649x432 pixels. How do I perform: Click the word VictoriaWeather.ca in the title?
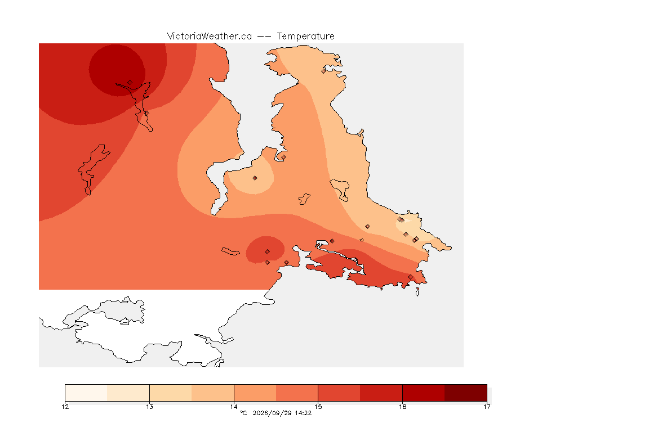click(210, 37)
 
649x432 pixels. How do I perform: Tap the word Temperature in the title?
click(305, 37)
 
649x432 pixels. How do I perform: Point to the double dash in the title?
click(264, 37)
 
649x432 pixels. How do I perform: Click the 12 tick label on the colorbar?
click(65, 407)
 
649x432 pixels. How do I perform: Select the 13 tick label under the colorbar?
click(149, 407)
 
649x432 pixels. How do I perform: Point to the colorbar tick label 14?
click(234, 407)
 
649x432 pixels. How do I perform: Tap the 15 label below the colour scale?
click(318, 407)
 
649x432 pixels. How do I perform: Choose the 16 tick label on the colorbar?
click(402, 407)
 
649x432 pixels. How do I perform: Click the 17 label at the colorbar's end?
click(487, 407)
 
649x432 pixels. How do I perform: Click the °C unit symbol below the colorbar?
click(243, 413)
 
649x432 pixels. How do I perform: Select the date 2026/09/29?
click(272, 413)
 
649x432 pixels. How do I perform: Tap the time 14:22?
click(303, 413)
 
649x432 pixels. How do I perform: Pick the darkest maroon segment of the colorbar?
click(466, 393)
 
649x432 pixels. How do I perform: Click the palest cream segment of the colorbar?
click(86, 393)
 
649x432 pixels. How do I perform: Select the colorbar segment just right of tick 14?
click(255, 393)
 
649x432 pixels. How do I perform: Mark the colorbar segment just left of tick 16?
click(381, 393)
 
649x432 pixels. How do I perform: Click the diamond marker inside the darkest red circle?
click(130, 83)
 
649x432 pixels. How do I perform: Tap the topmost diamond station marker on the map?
click(324, 71)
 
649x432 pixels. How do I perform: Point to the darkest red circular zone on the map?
click(117, 70)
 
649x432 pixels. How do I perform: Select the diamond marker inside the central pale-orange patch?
click(255, 178)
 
